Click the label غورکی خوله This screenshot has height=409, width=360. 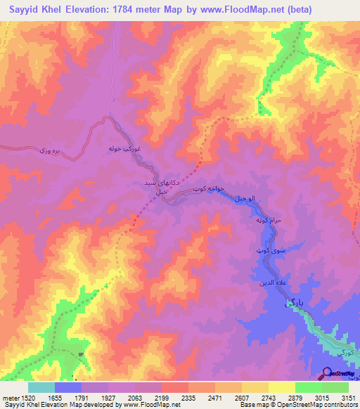[x=126, y=150]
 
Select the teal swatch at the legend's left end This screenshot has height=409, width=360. [x=41, y=387]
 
